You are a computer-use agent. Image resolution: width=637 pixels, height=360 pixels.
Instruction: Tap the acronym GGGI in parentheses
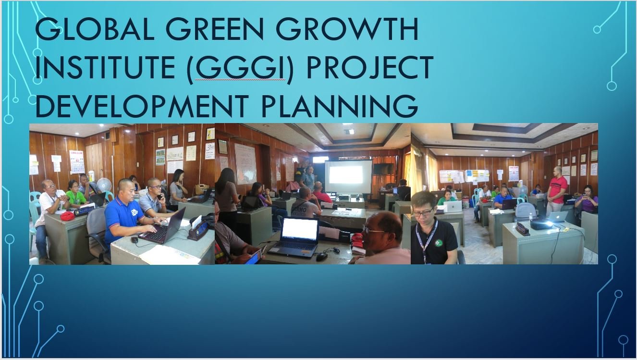[240, 67]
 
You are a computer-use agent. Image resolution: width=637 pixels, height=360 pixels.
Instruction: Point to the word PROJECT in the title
[369, 67]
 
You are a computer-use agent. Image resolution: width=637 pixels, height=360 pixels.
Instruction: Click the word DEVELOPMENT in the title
[142, 106]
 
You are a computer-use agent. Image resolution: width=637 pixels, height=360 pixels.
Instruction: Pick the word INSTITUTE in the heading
[105, 67]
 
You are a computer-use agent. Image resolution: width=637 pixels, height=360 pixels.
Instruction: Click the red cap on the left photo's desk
[67, 216]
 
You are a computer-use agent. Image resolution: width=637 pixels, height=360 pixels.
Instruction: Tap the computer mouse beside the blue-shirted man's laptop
[135, 240]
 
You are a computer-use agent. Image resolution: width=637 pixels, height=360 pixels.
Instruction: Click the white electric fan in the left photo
[104, 185]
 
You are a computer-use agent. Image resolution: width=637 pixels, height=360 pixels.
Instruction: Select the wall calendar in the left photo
[77, 161]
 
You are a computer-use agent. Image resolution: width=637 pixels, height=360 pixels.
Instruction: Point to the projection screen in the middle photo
[348, 176]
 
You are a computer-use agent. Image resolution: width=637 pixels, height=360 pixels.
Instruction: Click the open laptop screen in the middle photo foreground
[299, 229]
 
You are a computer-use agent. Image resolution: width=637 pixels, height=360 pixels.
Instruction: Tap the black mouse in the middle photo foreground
[321, 257]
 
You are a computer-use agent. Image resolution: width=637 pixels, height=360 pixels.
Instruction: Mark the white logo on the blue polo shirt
[135, 212]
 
